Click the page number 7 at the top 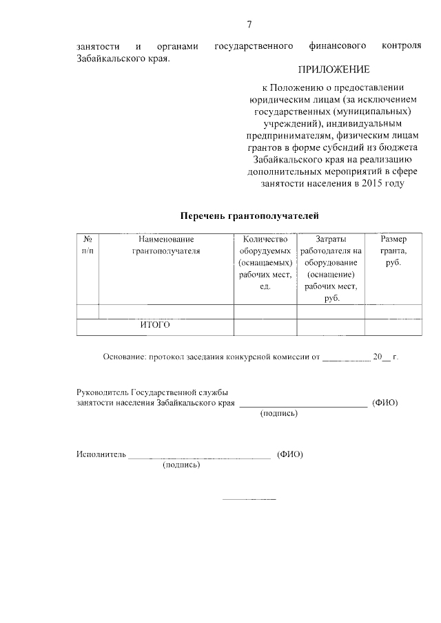pos(249,25)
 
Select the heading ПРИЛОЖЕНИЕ pos(334,70)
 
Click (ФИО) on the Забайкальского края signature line pos(384,402)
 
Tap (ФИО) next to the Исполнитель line pos(289,454)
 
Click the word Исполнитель pos(101,454)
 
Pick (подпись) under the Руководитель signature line pos(279,414)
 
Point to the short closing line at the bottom pos(249,498)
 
